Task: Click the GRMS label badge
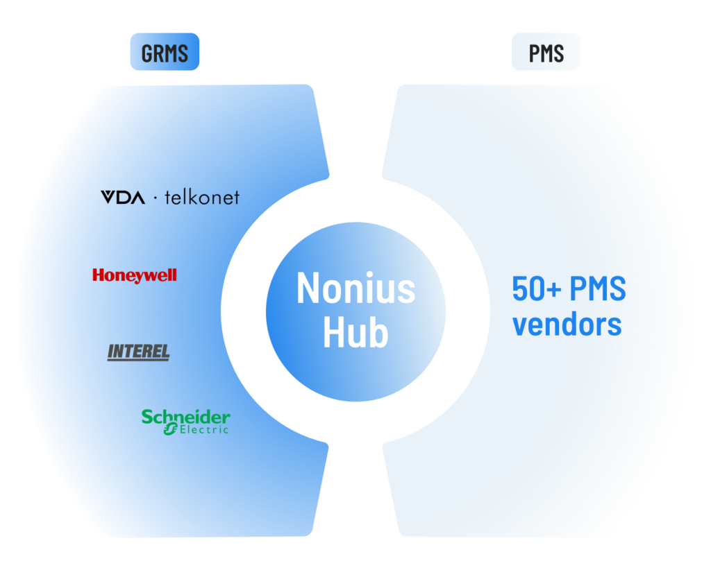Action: (x=165, y=53)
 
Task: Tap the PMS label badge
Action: (x=546, y=53)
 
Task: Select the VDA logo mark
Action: (x=123, y=198)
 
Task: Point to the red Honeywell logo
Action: (x=135, y=275)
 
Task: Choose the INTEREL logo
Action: (x=138, y=352)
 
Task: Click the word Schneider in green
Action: (x=185, y=417)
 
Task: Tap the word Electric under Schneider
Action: (x=203, y=430)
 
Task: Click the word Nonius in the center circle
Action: (x=355, y=288)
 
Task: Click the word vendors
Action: (x=567, y=323)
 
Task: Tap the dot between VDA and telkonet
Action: (x=155, y=198)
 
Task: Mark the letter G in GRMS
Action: (x=147, y=53)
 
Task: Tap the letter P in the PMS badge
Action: (x=534, y=53)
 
